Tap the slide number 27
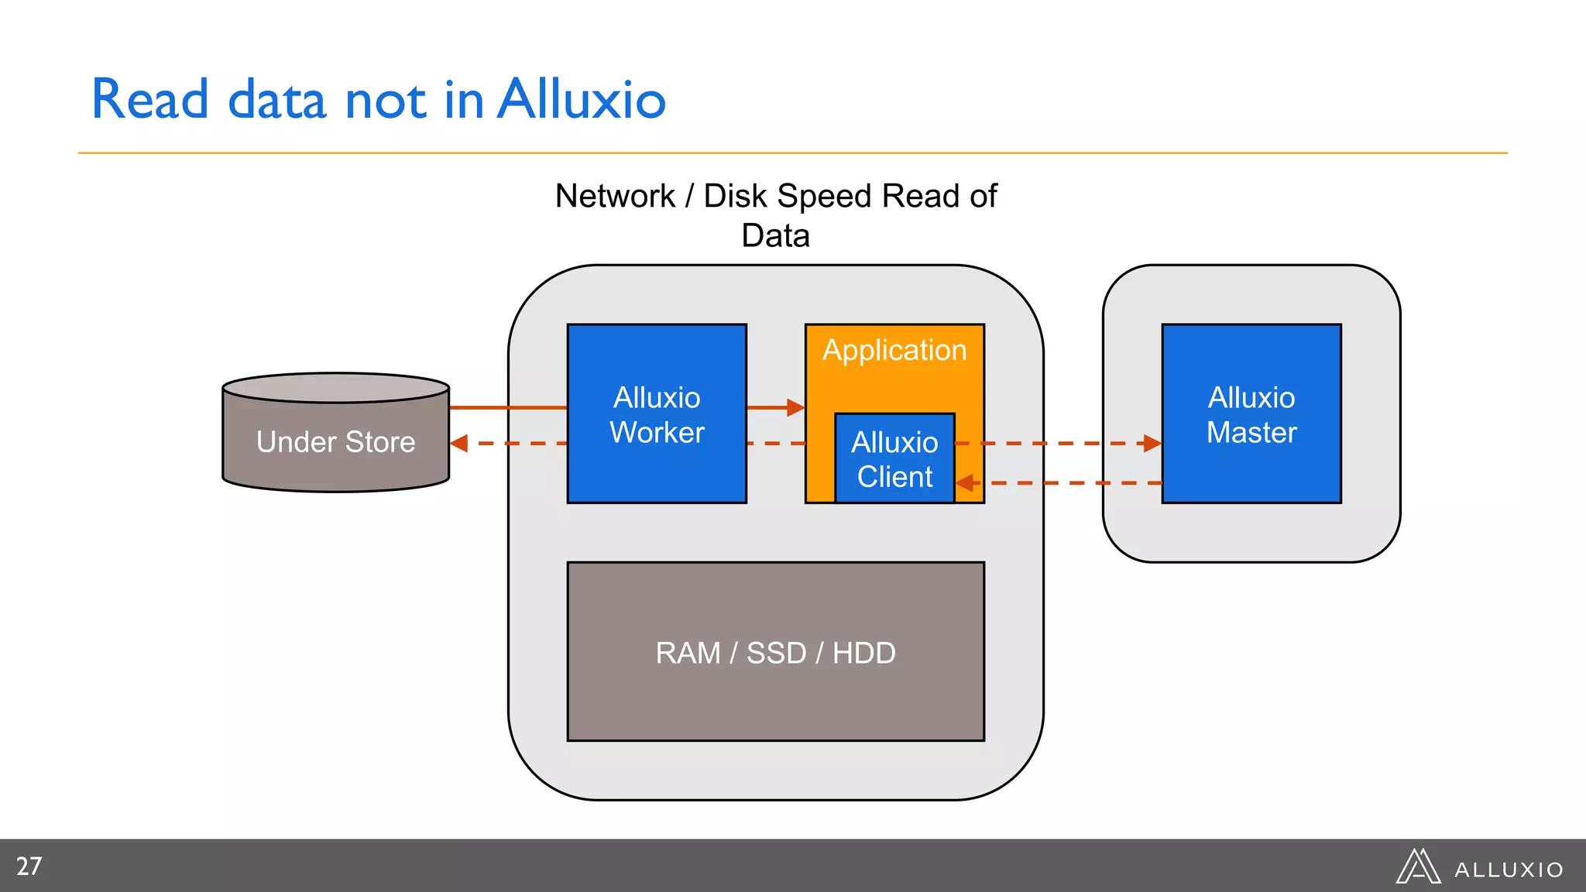(x=29, y=866)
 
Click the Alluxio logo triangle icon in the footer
(x=1417, y=867)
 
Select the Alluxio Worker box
(x=657, y=413)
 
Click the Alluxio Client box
(x=894, y=459)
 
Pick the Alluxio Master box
(x=1251, y=413)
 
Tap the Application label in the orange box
(x=894, y=351)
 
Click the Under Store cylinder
(x=335, y=441)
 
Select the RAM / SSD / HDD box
(x=775, y=652)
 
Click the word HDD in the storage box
(x=863, y=653)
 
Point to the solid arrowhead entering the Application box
(x=795, y=407)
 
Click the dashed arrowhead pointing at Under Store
(x=459, y=444)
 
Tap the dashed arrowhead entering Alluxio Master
(x=1152, y=444)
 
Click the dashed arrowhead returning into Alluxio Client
(x=965, y=483)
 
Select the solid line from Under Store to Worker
(x=507, y=407)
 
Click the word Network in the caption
(x=615, y=196)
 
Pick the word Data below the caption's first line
(x=775, y=235)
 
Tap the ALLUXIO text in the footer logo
(x=1508, y=870)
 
